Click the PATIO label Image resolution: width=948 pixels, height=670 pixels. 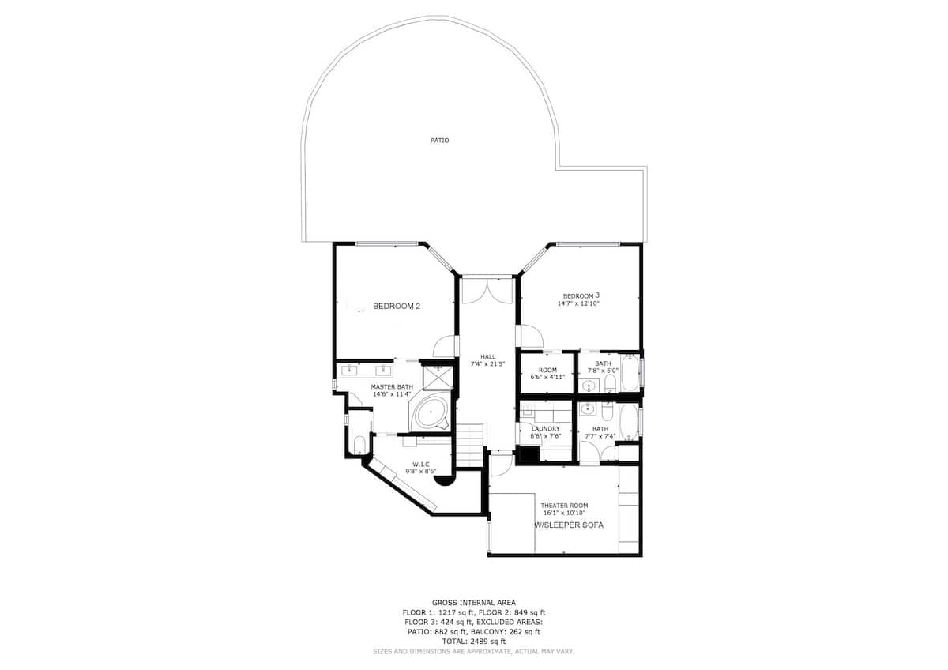pyautogui.click(x=440, y=141)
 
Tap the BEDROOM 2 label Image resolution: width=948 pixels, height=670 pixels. pyautogui.click(x=397, y=306)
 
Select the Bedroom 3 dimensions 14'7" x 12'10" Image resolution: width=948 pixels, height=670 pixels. pyautogui.click(x=578, y=303)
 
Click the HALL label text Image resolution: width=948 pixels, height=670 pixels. pyautogui.click(x=487, y=357)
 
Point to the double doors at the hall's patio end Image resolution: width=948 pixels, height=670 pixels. pyautogui.click(x=487, y=290)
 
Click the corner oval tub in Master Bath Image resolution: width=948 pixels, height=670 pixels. pyautogui.click(x=431, y=412)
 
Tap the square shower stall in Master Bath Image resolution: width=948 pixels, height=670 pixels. pyautogui.click(x=438, y=377)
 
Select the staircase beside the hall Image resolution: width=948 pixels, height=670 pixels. pyautogui.click(x=470, y=444)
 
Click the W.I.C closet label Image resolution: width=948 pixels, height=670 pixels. pyautogui.click(x=420, y=465)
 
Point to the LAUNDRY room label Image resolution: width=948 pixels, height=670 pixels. pyautogui.click(x=546, y=429)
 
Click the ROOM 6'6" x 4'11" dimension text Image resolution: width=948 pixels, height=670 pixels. pyautogui.click(x=547, y=377)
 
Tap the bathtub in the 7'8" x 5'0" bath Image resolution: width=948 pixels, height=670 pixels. pyautogui.click(x=630, y=373)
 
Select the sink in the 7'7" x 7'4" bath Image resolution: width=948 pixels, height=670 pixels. pyautogui.click(x=588, y=408)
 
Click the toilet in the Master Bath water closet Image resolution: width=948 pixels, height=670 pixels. pyautogui.click(x=359, y=444)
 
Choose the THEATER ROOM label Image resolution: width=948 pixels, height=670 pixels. pyautogui.click(x=564, y=506)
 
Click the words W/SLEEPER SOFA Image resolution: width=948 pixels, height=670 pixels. pyautogui.click(x=570, y=525)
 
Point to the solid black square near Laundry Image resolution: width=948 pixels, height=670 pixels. pyautogui.click(x=529, y=454)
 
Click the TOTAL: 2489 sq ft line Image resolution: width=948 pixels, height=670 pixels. pyautogui.click(x=473, y=642)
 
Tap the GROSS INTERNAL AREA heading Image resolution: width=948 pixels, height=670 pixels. pyautogui.click(x=473, y=603)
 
